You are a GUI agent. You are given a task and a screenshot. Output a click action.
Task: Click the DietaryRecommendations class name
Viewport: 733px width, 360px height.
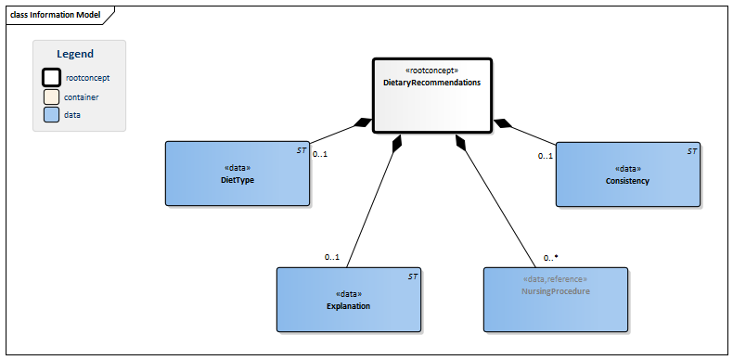tap(431, 83)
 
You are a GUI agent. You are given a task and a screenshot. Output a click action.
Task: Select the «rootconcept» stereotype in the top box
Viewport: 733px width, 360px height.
tap(431, 71)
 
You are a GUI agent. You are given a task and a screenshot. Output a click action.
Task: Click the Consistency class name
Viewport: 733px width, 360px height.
tap(628, 180)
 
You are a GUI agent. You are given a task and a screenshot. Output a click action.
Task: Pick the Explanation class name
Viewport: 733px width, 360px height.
tap(348, 305)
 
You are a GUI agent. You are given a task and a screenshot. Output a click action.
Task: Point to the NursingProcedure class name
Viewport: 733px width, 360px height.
tap(555, 290)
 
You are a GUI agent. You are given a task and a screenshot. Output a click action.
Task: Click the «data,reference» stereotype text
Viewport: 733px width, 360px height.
tap(555, 278)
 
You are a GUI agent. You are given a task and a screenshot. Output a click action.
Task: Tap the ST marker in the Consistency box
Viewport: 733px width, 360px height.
tap(691, 150)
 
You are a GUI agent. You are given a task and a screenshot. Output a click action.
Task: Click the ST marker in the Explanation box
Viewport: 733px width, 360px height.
tap(413, 276)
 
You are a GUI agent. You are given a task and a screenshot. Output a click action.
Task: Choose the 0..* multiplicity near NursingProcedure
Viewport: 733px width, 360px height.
tap(550, 257)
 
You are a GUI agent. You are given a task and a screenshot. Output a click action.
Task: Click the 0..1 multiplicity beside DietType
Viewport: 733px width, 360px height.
tap(320, 154)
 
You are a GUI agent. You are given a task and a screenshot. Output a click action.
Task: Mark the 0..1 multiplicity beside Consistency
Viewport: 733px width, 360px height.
tap(546, 156)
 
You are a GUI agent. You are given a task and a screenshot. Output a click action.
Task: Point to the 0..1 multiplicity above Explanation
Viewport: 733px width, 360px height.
tap(331, 257)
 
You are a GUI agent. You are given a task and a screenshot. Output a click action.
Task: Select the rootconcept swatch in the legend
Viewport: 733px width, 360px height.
tap(52, 78)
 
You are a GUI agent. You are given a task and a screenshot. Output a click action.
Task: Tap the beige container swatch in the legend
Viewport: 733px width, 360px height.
tap(52, 96)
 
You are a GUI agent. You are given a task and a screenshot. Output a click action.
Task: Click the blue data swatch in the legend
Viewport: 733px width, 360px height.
tap(52, 114)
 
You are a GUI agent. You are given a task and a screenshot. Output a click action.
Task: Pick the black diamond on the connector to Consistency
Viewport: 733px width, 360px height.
tap(502, 122)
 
